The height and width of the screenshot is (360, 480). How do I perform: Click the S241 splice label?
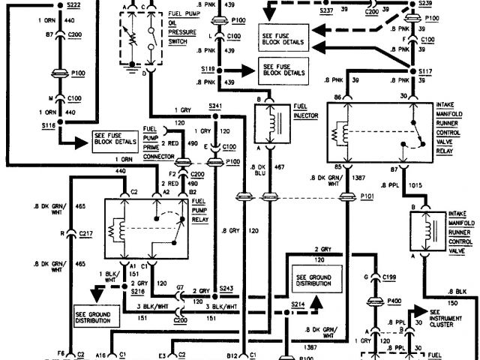click(x=215, y=106)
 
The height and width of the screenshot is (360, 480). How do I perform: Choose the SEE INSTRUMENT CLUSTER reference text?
click(x=448, y=317)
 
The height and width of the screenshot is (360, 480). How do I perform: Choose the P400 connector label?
click(x=394, y=301)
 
